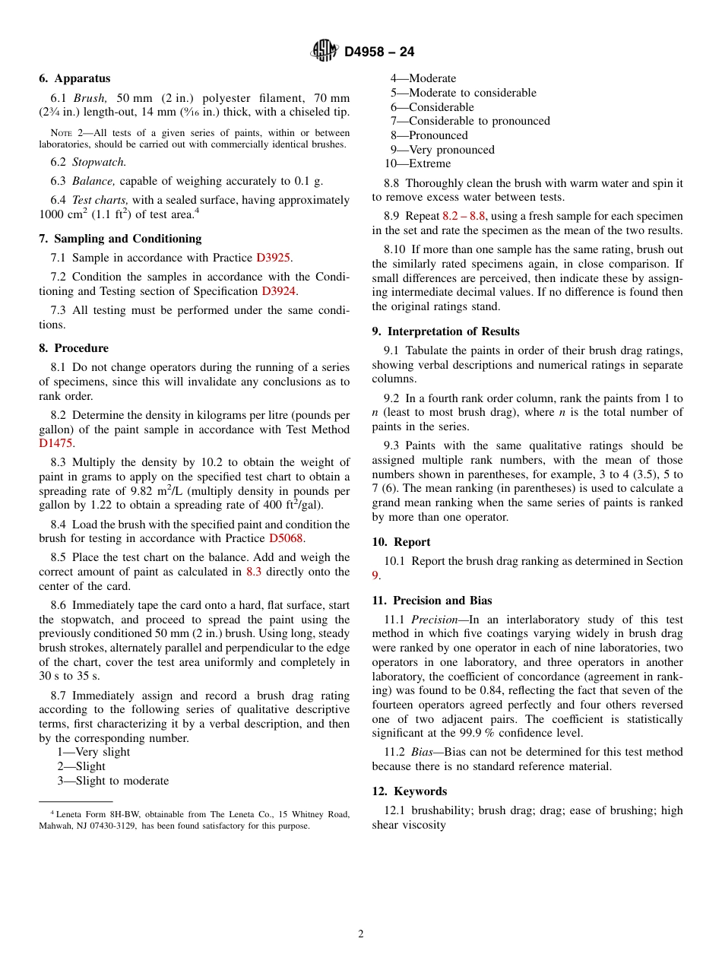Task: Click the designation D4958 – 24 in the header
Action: tap(379, 52)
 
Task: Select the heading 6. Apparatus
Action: tap(74, 78)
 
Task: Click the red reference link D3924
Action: tap(279, 291)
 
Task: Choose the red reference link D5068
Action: tap(286, 538)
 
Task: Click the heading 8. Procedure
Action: tap(74, 348)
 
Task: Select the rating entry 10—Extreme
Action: tap(417, 163)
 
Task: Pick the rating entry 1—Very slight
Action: tap(93, 752)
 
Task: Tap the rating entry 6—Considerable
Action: tap(432, 107)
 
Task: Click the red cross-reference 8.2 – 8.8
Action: tap(464, 216)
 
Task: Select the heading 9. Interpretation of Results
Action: tap(446, 331)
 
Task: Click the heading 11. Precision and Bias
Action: tap(432, 601)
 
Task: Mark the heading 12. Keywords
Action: tap(410, 791)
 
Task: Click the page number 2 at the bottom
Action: tap(361, 934)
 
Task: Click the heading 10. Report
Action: tap(401, 542)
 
